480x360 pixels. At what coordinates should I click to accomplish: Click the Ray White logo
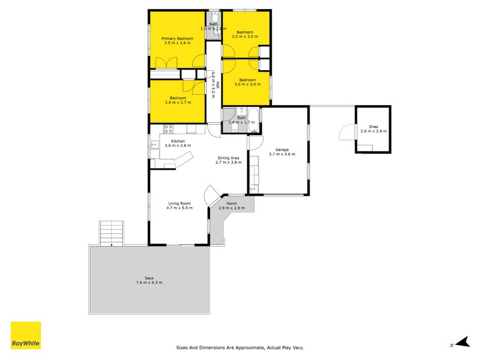[26, 335]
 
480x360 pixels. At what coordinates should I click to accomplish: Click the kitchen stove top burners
[169, 128]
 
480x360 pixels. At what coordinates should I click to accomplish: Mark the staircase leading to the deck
[112, 232]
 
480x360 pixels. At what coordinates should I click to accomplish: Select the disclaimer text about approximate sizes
[240, 347]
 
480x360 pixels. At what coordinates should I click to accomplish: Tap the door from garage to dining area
[254, 142]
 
